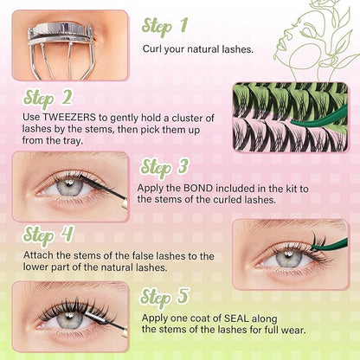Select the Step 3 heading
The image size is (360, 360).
click(167, 167)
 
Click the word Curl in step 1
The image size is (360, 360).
click(153, 49)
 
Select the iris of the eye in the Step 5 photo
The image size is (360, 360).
click(69, 319)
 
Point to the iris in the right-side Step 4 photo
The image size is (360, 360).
click(287, 256)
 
